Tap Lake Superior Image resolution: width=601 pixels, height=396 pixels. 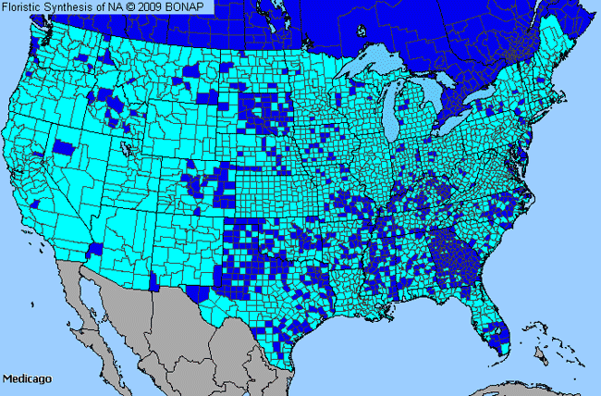point(379,67)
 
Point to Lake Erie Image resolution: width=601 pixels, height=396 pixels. point(460,132)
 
